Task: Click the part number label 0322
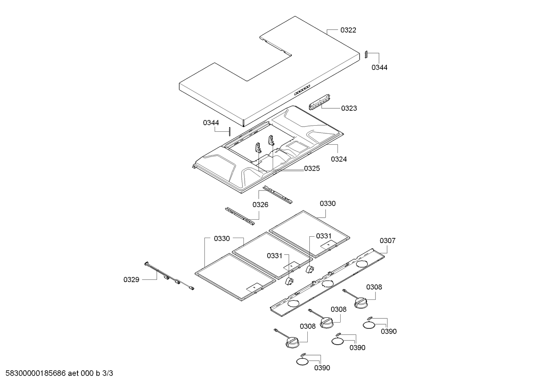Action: pyautogui.click(x=348, y=30)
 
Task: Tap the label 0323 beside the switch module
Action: pyautogui.click(x=349, y=108)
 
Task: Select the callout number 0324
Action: pyautogui.click(x=339, y=159)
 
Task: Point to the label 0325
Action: pyautogui.click(x=312, y=168)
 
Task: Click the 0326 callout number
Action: pyautogui.click(x=260, y=204)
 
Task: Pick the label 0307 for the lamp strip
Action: pyautogui.click(x=387, y=241)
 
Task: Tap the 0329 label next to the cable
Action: pyautogui.click(x=131, y=280)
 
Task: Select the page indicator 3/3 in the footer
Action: pyautogui.click(x=108, y=373)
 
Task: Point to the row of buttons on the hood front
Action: pyautogui.click(x=302, y=90)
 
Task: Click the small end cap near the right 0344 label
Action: pyautogui.click(x=366, y=54)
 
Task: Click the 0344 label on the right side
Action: pyautogui.click(x=379, y=68)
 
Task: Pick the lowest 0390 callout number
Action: pyautogui.click(x=322, y=368)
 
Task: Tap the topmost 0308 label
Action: pyautogui.click(x=374, y=287)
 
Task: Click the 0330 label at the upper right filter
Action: pyautogui.click(x=327, y=203)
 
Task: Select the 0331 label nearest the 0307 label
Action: pyautogui.click(x=324, y=236)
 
